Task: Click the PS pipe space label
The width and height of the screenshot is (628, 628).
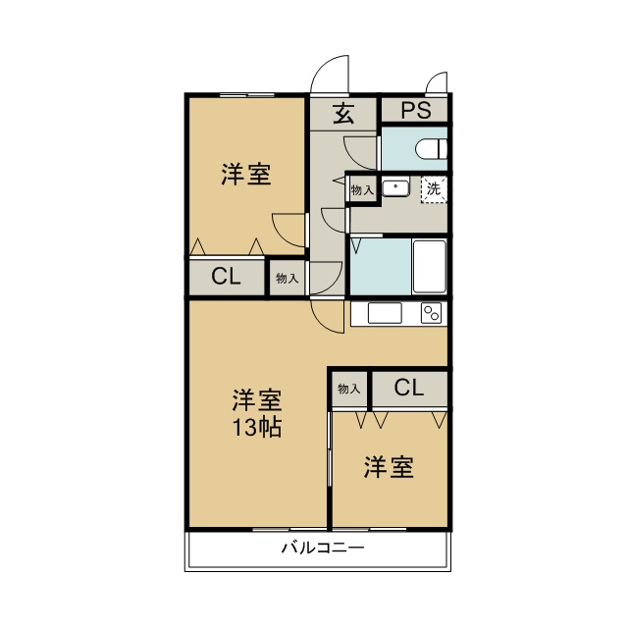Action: (x=415, y=110)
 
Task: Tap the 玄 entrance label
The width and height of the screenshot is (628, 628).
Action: (x=343, y=113)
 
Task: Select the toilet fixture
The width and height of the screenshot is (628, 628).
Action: (x=431, y=149)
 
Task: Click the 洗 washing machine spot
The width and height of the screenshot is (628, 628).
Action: (x=434, y=187)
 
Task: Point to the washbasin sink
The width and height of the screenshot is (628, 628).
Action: (x=395, y=186)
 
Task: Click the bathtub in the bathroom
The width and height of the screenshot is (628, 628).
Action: (x=430, y=265)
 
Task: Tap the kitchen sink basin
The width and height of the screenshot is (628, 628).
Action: (x=385, y=313)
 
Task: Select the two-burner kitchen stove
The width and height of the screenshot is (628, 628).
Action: (x=432, y=313)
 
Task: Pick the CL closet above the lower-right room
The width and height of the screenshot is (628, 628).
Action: (x=409, y=388)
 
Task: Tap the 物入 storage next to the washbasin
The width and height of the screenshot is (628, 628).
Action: (x=362, y=189)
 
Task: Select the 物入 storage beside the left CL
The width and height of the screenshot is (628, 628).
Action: (x=287, y=279)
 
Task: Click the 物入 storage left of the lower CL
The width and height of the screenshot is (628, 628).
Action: (x=348, y=389)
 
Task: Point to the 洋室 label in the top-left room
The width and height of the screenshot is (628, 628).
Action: (x=245, y=176)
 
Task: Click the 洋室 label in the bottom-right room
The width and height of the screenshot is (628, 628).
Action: (x=388, y=468)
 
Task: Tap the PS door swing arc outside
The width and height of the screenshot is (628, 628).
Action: (x=438, y=82)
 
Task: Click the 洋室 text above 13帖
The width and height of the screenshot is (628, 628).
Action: (x=257, y=400)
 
